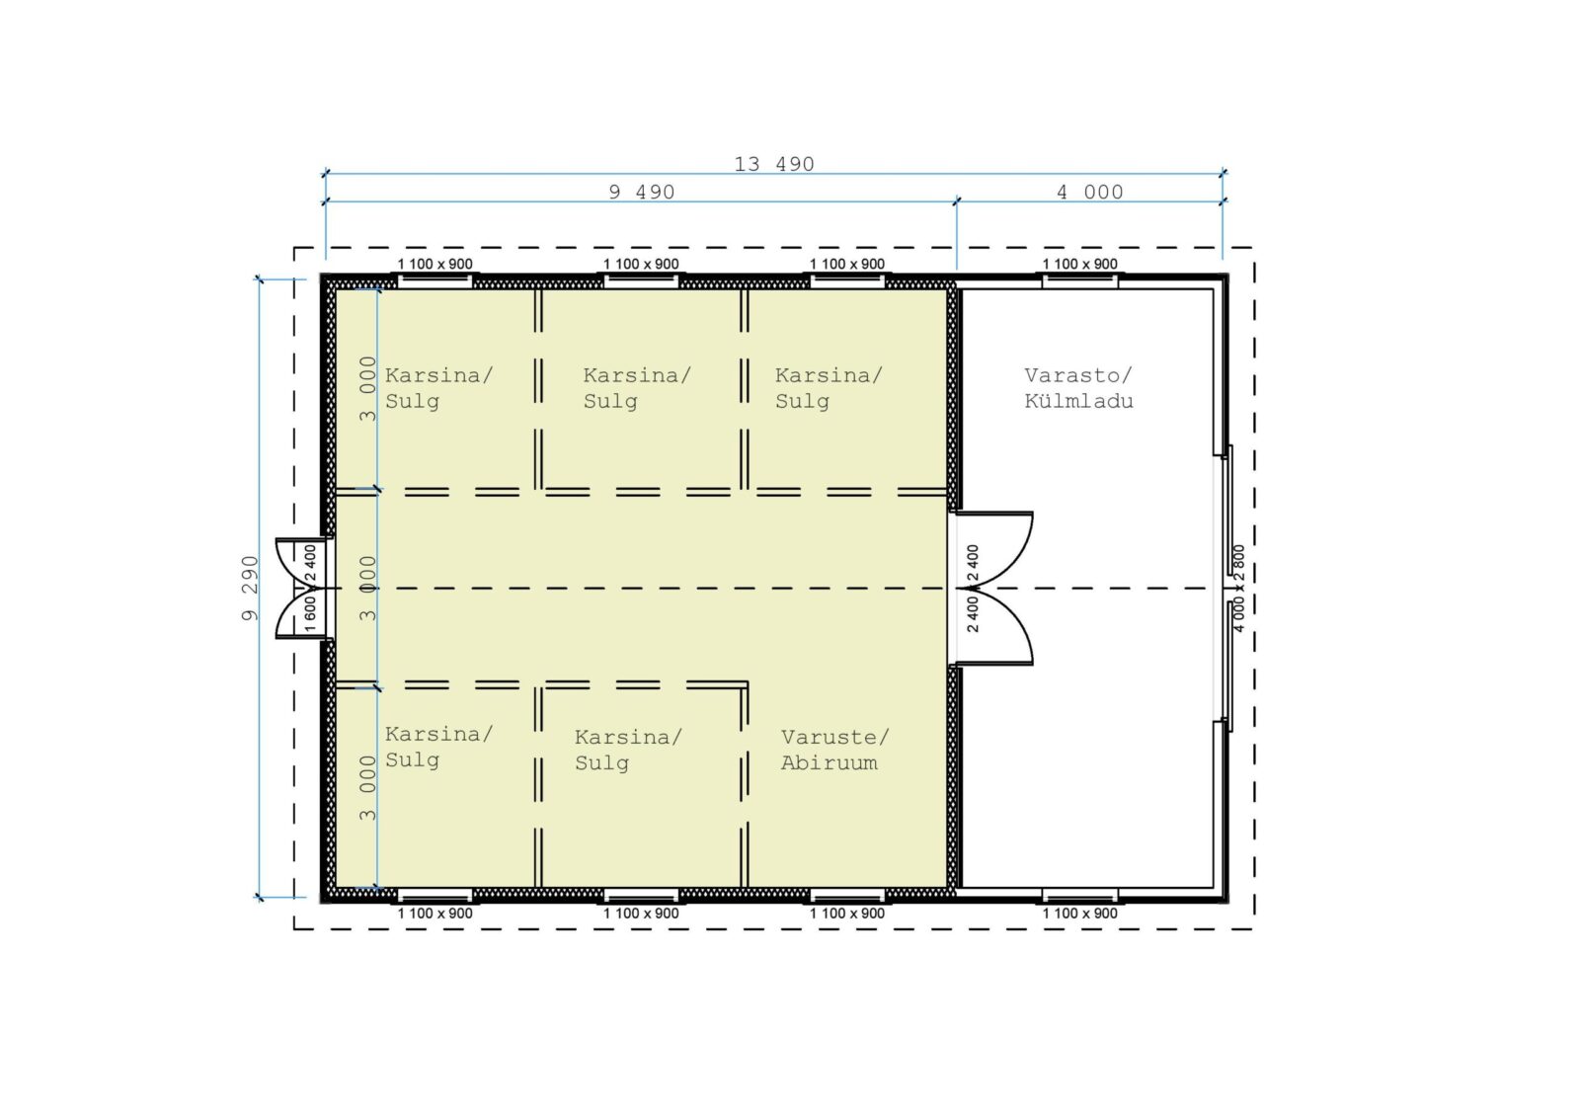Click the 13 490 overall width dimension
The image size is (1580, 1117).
click(774, 164)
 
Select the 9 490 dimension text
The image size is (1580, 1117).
click(642, 192)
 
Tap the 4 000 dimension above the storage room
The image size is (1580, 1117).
click(1090, 192)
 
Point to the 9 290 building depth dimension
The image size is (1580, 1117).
click(251, 589)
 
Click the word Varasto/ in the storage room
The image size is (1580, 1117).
click(1077, 375)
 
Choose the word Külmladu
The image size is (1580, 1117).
click(1078, 401)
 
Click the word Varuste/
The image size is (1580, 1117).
click(835, 738)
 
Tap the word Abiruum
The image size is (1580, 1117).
click(829, 762)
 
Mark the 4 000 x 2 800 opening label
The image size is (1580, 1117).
click(1239, 589)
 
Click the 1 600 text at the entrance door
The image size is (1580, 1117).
click(310, 614)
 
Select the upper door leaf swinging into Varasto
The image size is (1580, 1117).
click(994, 550)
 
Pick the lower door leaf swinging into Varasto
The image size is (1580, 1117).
click(994, 626)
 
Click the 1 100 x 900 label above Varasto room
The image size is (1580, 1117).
click(1080, 264)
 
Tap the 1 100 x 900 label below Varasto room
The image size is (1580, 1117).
click(1080, 914)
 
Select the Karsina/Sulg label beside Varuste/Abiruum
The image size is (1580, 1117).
click(628, 750)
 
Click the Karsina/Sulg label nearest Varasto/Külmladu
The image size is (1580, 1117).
click(829, 388)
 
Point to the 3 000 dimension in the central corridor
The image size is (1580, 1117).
click(367, 589)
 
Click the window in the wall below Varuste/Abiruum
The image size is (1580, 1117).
click(847, 896)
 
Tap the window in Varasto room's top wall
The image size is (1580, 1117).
click(1080, 281)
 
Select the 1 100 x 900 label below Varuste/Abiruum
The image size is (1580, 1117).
click(846, 914)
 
